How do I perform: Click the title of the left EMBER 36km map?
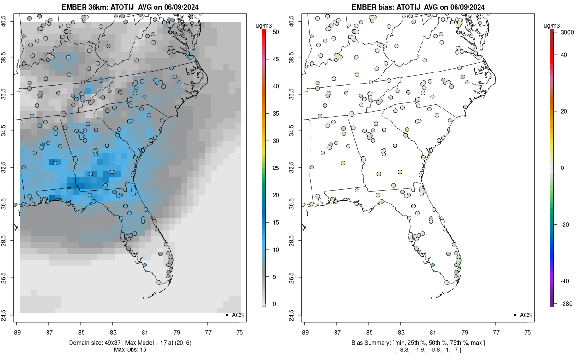pos(130,7)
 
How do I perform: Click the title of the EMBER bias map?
pos(417,7)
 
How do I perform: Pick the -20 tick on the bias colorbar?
pos(558,224)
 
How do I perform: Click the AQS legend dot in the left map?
pos(226,315)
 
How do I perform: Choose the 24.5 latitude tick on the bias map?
pos(298,315)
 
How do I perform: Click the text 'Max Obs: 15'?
pos(130,350)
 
